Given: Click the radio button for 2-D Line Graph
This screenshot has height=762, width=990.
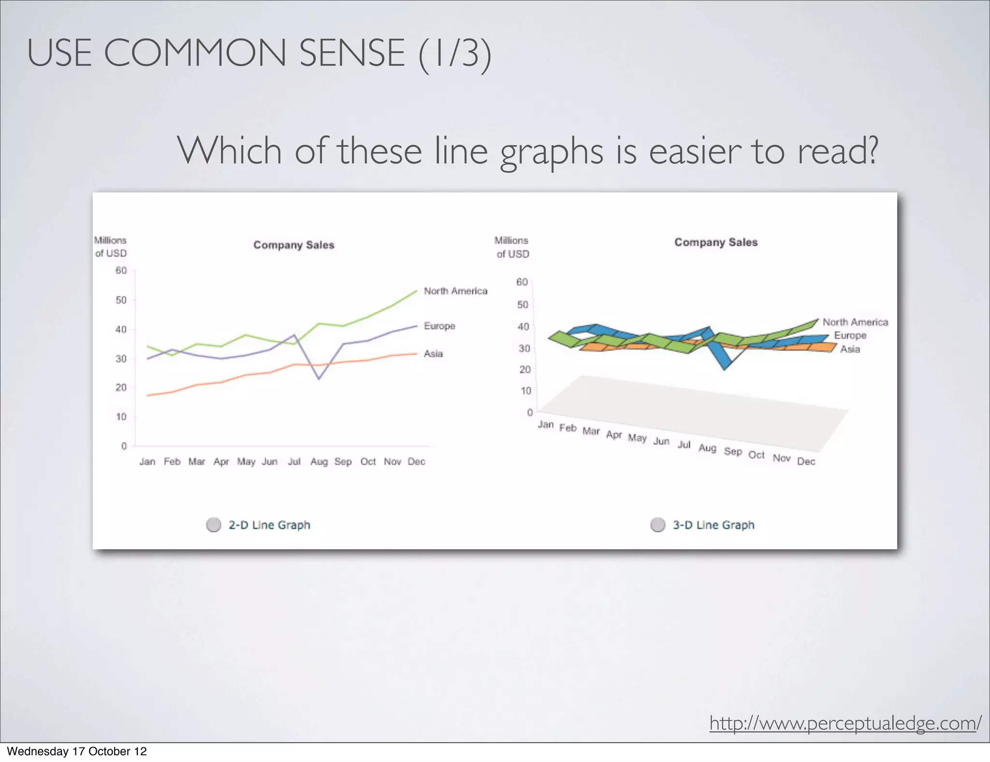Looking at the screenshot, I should click(214, 525).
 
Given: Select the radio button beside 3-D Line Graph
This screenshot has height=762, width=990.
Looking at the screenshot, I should click(658, 525).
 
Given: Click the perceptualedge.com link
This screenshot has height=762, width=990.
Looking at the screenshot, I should click(845, 723).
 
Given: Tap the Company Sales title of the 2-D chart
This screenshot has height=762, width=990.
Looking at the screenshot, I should click(294, 245).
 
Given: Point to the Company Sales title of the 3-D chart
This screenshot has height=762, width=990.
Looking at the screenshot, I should click(716, 242).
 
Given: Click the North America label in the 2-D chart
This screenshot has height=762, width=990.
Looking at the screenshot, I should click(455, 291).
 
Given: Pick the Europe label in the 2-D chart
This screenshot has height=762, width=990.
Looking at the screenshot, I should click(439, 326).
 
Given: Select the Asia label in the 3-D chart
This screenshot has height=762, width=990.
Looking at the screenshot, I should click(850, 349).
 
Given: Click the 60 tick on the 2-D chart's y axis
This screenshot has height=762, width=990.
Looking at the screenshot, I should click(121, 271).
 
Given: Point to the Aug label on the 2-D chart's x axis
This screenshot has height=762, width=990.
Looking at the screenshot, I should click(319, 462).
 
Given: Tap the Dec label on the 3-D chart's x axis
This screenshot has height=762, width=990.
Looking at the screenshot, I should click(806, 461).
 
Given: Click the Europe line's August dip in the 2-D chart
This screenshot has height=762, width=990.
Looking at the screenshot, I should click(319, 379).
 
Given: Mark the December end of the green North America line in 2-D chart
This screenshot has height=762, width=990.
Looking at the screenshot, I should click(416, 291).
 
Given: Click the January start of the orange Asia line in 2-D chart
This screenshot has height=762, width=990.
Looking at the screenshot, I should click(148, 396).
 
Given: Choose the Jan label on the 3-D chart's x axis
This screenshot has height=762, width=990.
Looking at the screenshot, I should click(546, 425).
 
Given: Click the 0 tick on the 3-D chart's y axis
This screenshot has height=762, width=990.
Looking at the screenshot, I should click(530, 412).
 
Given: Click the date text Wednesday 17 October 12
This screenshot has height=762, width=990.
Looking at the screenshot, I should click(77, 751).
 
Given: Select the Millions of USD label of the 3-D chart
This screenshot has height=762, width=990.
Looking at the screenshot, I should click(512, 247).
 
